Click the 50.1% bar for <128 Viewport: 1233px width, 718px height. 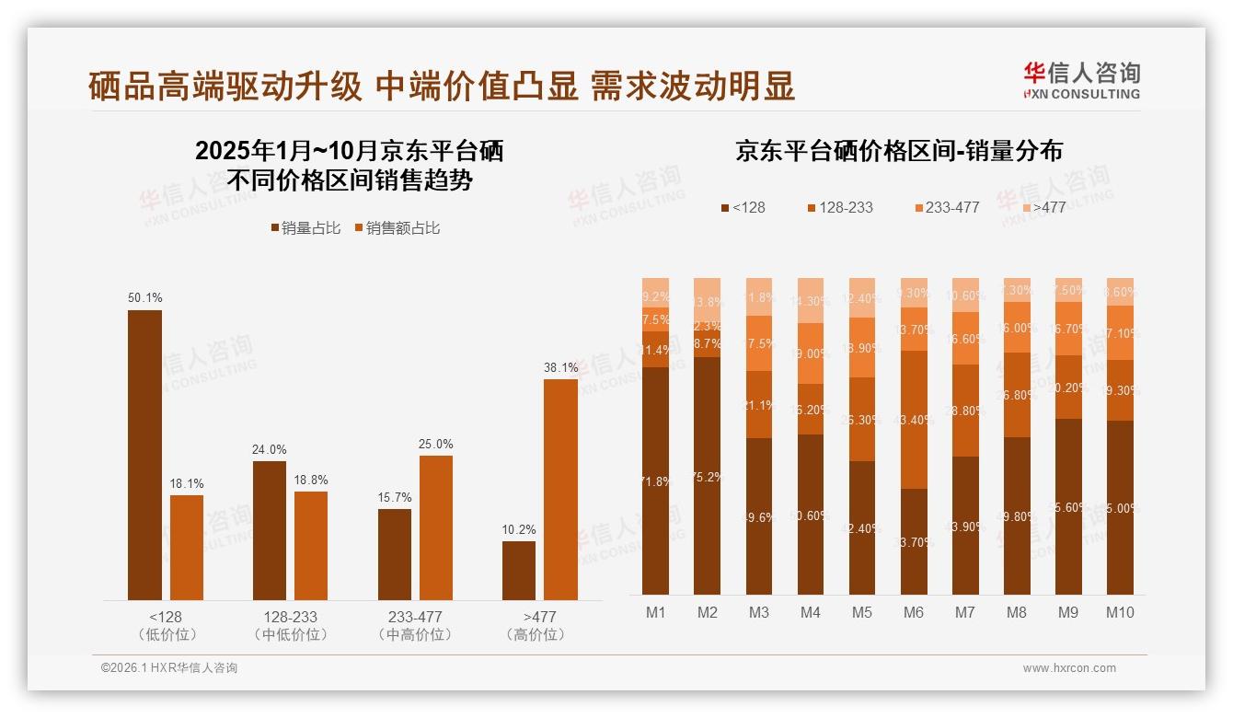(144, 455)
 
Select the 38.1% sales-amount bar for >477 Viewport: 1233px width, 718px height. (560, 489)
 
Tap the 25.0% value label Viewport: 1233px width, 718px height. (435, 445)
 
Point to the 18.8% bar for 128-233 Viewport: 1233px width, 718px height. (311, 545)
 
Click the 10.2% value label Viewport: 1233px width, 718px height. (519, 530)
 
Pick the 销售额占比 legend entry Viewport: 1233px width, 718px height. (397, 228)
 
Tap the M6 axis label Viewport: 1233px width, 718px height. (914, 613)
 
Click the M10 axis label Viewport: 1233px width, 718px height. (1120, 613)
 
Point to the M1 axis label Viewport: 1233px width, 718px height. (656, 613)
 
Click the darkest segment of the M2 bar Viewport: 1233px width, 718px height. (708, 475)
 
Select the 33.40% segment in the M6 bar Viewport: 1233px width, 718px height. (914, 420)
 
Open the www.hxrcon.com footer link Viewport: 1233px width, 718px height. (1069, 668)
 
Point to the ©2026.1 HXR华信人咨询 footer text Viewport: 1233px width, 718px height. (169, 668)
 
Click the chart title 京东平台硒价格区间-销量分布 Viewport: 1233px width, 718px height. (898, 152)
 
